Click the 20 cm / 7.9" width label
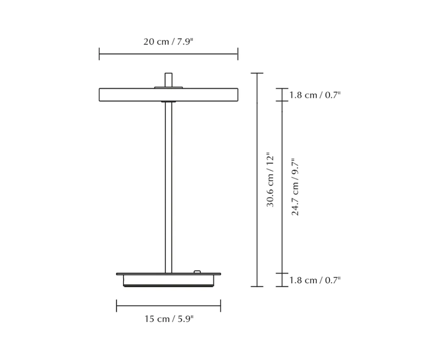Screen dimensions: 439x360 coord(168,42)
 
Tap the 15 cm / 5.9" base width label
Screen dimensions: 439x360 coord(169,319)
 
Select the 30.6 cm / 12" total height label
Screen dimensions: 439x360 coord(270,179)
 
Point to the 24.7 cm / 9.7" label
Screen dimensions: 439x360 coord(295,187)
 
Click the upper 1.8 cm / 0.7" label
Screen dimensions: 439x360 coord(315,95)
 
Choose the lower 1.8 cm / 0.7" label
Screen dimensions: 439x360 coord(315,280)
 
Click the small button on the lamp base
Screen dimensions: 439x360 coord(197,272)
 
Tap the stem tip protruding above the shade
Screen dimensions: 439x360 coord(168,80)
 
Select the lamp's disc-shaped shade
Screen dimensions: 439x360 coord(168,95)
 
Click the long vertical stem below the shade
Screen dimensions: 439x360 coord(168,188)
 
